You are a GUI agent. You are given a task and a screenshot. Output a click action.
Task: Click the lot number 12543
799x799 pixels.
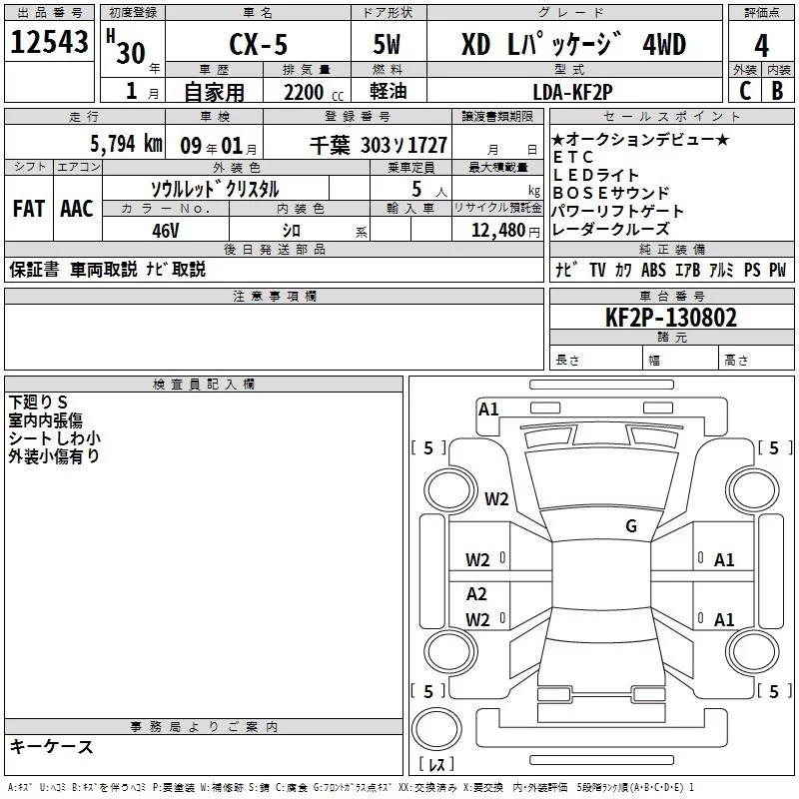tap(50, 42)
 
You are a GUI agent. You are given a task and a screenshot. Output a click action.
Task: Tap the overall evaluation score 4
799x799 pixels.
tap(761, 46)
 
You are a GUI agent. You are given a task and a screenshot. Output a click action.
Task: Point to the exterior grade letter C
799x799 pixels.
tap(744, 90)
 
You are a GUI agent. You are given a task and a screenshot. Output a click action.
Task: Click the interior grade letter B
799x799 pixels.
tap(777, 90)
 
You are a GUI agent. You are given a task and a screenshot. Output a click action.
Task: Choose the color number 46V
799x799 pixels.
tap(165, 230)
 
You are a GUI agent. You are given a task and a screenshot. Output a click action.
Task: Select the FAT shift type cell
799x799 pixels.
tap(28, 209)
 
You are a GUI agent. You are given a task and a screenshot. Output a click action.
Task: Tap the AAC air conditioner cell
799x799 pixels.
tap(76, 209)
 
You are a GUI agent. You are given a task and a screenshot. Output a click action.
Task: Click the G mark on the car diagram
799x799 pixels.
tap(631, 526)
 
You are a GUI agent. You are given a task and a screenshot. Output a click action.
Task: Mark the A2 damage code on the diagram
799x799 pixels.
tap(477, 593)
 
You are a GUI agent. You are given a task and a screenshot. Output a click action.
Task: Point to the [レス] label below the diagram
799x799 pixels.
tap(437, 765)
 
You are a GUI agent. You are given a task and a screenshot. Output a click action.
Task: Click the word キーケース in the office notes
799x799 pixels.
tap(52, 746)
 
